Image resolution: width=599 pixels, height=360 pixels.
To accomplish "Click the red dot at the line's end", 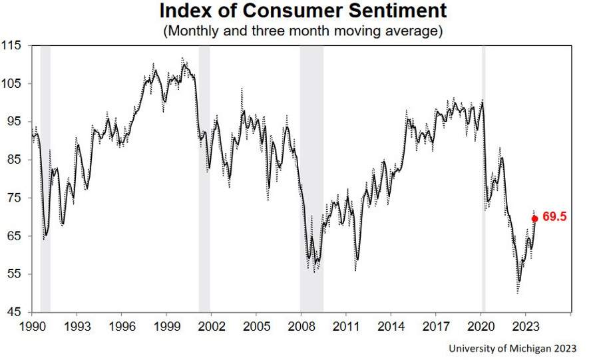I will (534, 218).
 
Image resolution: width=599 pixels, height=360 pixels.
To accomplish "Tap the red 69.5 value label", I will (554, 218).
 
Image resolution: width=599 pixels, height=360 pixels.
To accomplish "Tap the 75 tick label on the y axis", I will (15, 198).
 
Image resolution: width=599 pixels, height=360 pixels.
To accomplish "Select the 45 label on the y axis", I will (15, 312).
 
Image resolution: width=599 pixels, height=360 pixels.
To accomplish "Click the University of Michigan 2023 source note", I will (512, 348).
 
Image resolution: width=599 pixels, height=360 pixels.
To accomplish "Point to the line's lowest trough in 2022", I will (518, 281).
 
